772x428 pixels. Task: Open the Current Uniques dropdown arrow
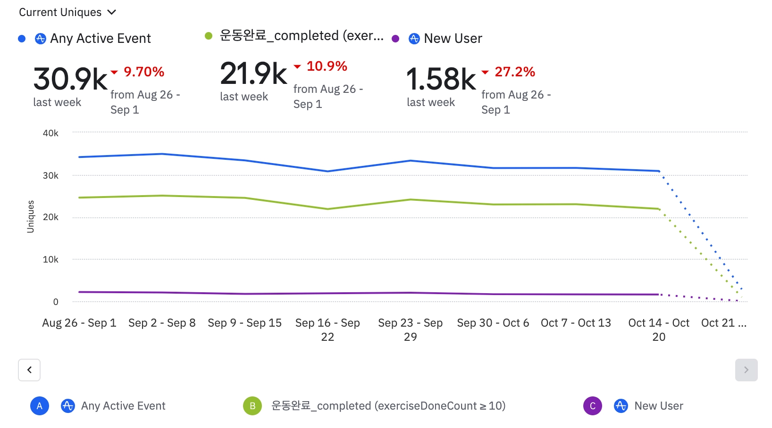pos(112,12)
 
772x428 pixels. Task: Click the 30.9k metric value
pos(70,79)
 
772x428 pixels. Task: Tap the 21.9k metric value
pos(253,74)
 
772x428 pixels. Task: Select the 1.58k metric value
pos(441,79)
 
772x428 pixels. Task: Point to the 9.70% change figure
pos(144,72)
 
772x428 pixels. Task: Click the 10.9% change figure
pos(327,66)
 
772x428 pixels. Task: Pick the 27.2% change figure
pos(514,72)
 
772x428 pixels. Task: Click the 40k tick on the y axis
pos(50,133)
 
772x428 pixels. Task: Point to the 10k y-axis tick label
pos(50,259)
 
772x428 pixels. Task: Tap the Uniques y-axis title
pos(31,217)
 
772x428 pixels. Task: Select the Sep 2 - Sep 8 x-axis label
pos(162,323)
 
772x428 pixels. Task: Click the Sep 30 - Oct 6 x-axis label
pos(493,323)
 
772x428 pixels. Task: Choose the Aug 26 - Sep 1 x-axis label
pos(79,323)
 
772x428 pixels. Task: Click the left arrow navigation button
pos(29,370)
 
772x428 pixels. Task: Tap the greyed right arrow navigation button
pos(746,370)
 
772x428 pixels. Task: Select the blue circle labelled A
pos(40,406)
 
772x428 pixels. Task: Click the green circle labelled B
pos(252,406)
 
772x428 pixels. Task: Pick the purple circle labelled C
pos(593,406)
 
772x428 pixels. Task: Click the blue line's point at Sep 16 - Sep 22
pos(327,171)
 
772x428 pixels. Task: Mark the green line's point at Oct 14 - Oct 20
pos(659,209)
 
